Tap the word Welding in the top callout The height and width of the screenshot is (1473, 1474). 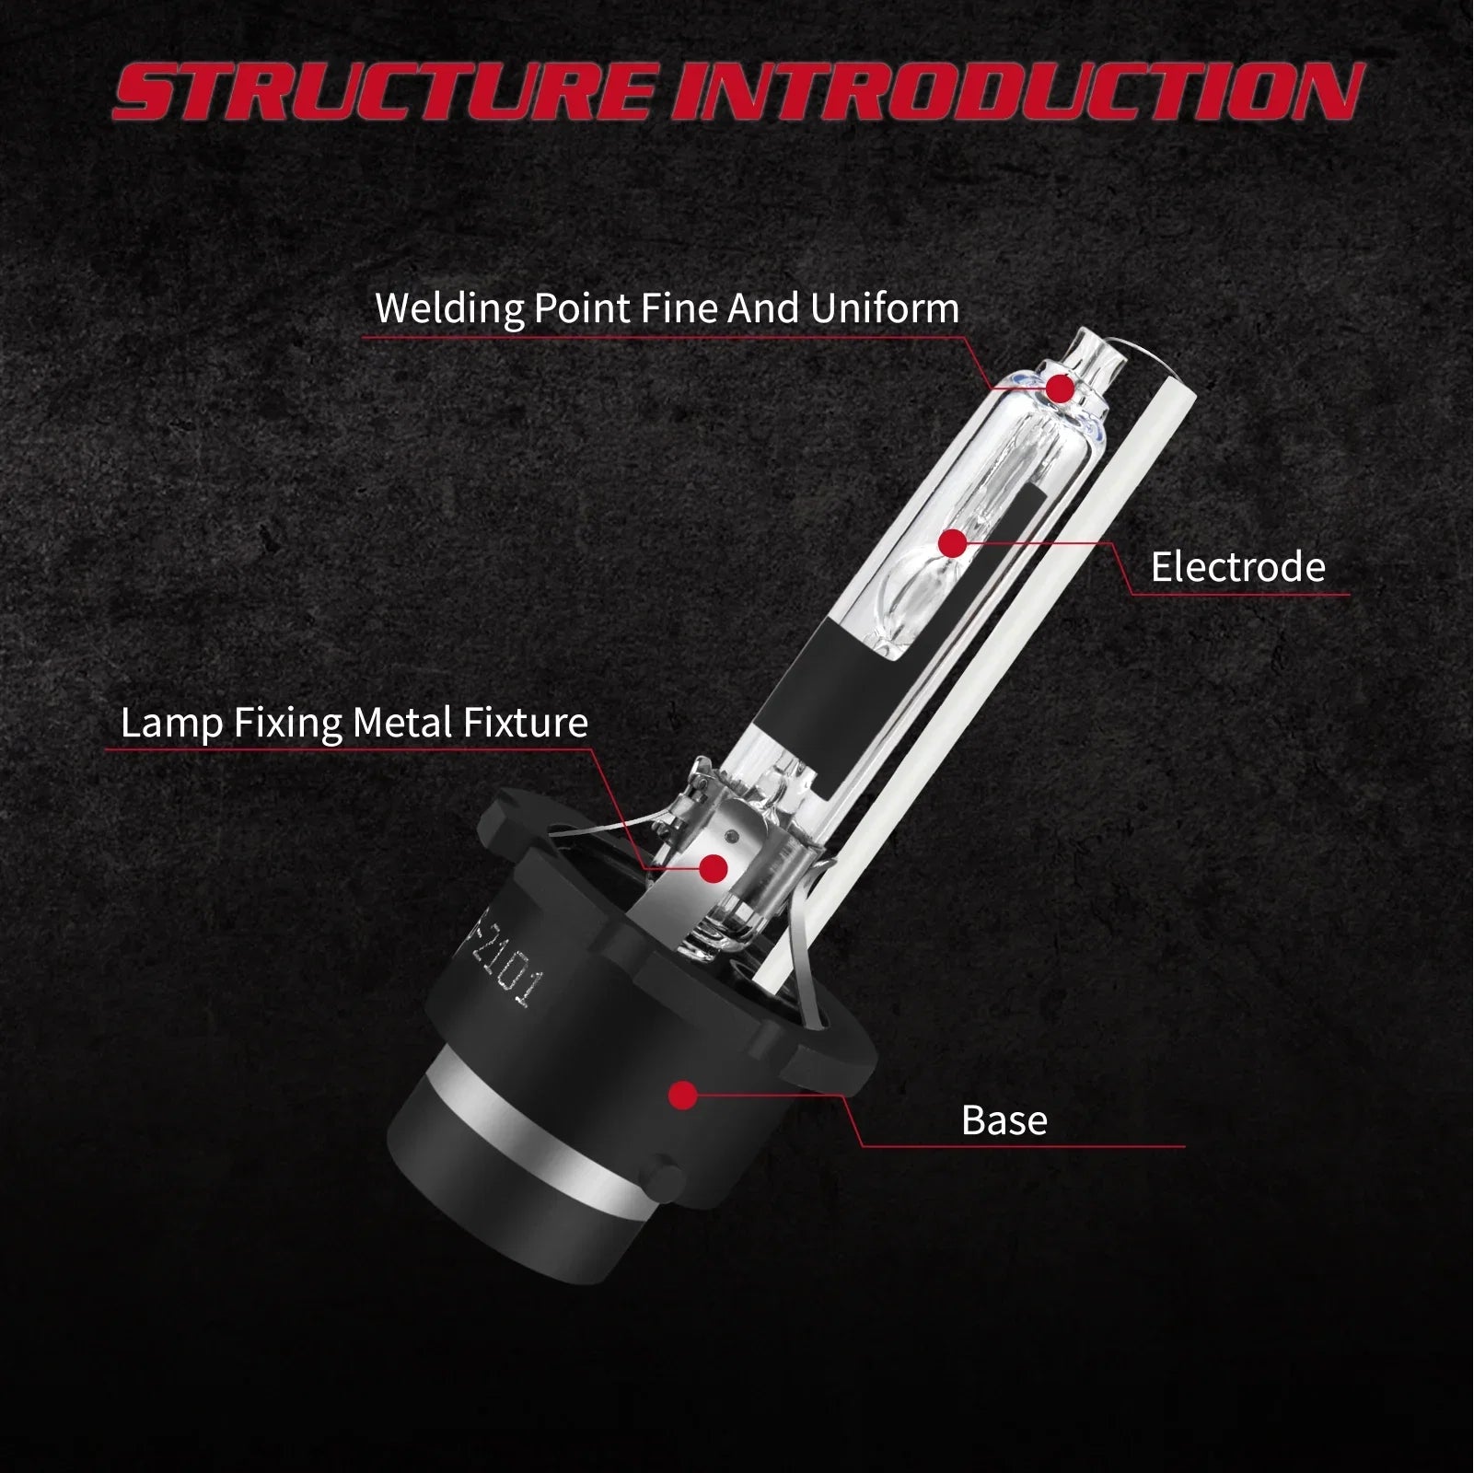450,308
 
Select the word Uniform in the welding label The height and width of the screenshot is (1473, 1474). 885,307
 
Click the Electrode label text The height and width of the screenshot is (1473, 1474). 1237,566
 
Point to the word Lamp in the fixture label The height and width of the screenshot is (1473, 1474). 172,724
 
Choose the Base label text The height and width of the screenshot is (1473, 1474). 1004,1120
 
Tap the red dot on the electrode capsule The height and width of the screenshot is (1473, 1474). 955,544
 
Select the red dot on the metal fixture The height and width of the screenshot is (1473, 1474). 714,867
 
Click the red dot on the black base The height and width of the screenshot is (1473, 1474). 682,1095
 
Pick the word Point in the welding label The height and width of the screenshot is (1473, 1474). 582,308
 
